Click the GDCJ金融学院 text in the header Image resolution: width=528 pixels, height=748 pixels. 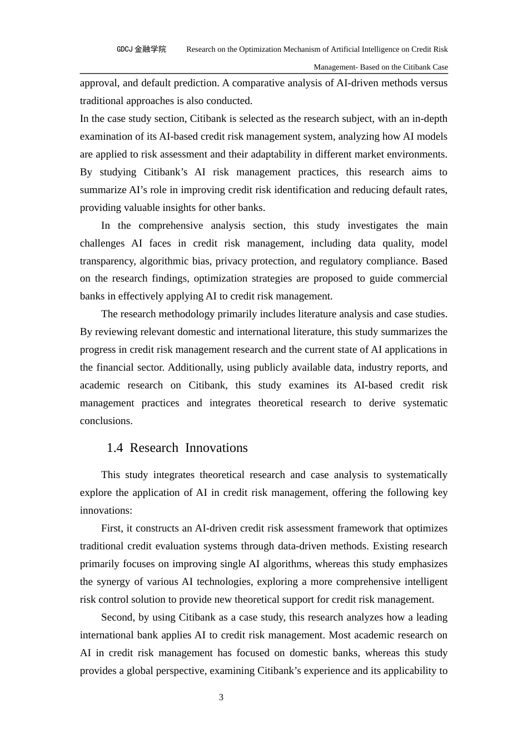[x=141, y=49]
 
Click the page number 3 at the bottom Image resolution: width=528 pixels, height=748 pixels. [x=221, y=697]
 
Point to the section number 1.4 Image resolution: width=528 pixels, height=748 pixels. [x=114, y=448]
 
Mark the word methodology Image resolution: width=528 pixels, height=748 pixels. [x=186, y=314]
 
